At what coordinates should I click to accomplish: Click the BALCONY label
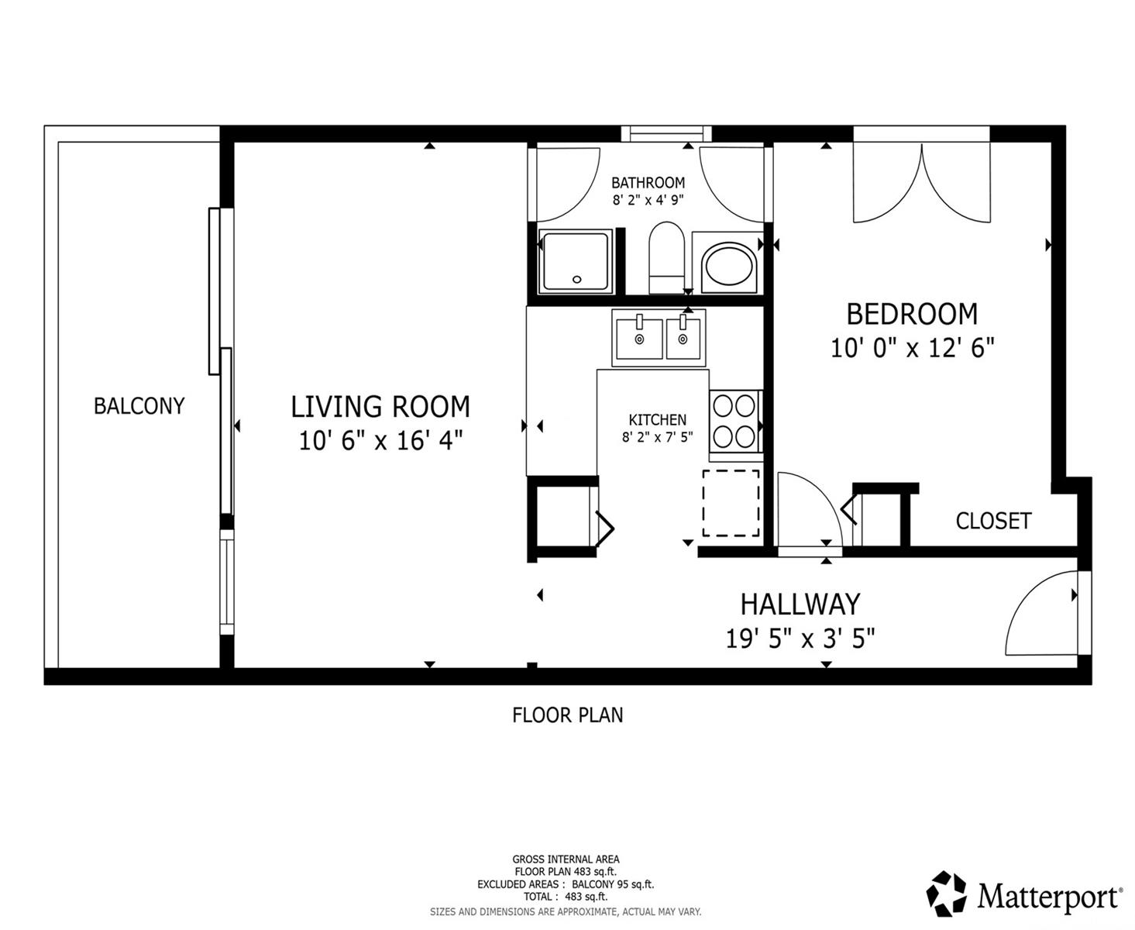click(x=139, y=405)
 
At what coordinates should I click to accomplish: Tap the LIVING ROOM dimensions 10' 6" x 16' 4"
click(x=380, y=440)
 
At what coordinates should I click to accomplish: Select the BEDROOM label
click(x=912, y=314)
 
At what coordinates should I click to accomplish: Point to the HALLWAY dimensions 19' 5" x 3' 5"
click(x=800, y=639)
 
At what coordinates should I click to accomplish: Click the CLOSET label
click(x=993, y=521)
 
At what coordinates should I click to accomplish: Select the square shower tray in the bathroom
click(x=576, y=261)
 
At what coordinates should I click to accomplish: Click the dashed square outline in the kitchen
click(x=731, y=503)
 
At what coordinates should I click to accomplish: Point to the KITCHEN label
click(x=657, y=419)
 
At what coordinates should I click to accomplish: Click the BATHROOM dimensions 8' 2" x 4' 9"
click(x=648, y=200)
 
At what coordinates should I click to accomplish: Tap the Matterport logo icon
click(x=945, y=893)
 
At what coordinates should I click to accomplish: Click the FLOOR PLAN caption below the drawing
click(x=567, y=715)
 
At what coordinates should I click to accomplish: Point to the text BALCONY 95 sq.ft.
click(x=613, y=884)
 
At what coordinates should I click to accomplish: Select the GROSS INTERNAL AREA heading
click(x=566, y=859)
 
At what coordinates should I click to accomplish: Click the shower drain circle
click(x=577, y=280)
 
